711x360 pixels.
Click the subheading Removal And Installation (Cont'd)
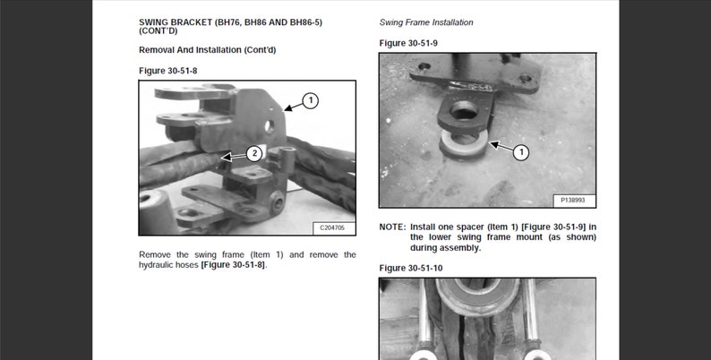[x=207, y=50]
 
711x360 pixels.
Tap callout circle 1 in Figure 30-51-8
[x=310, y=100]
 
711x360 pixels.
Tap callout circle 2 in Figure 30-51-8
[x=254, y=153]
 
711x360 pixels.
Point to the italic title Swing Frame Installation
[x=426, y=21]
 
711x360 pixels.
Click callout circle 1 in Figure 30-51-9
[x=520, y=153]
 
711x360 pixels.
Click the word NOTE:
[x=392, y=227]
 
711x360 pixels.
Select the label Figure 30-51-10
[x=411, y=268]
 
